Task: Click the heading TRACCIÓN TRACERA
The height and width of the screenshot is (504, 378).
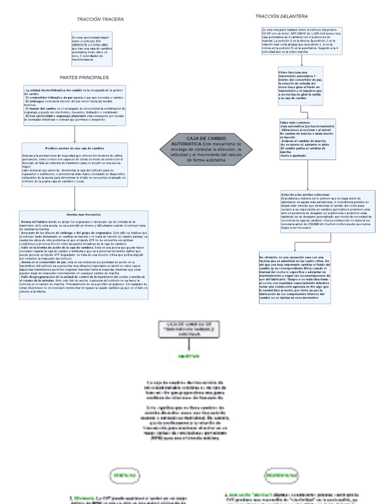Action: click(x=100, y=19)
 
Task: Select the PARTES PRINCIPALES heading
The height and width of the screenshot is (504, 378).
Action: click(x=84, y=77)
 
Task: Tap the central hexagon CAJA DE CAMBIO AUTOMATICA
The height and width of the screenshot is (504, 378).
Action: click(x=206, y=150)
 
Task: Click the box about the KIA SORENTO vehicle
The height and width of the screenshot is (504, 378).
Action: click(x=92, y=50)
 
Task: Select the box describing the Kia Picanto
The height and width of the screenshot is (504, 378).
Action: click(x=301, y=41)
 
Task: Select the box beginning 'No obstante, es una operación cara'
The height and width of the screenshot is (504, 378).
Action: click(x=294, y=279)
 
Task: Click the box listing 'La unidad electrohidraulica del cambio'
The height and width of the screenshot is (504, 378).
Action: click(x=74, y=105)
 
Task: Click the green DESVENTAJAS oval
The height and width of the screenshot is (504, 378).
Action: click(x=280, y=476)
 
